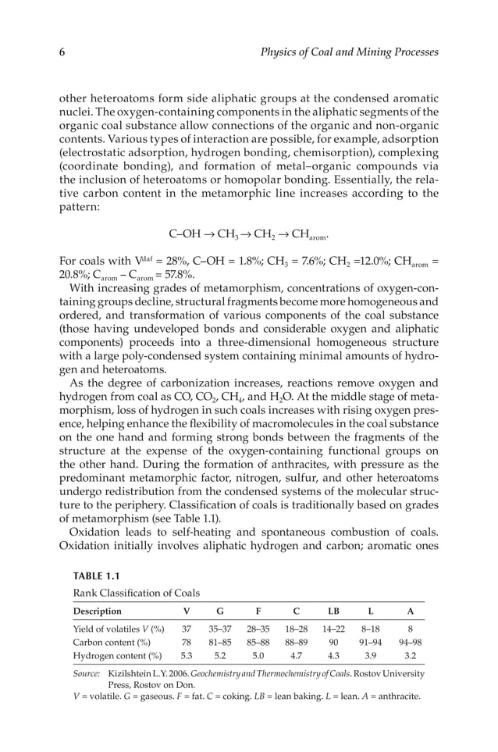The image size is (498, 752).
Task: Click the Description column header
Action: (98, 611)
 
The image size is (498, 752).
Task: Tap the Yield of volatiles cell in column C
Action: (296, 627)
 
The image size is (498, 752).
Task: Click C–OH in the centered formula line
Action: (183, 233)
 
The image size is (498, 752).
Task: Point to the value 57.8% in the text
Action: (177, 274)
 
